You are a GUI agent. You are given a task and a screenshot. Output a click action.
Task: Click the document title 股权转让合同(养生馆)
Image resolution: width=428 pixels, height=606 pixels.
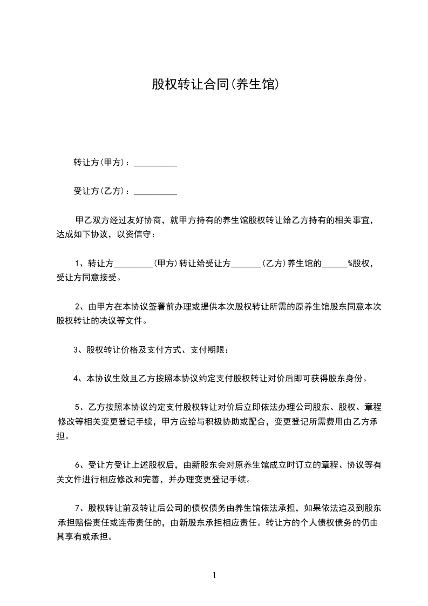tap(215, 85)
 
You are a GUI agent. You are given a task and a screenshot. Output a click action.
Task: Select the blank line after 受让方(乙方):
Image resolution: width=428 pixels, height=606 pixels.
tap(155, 192)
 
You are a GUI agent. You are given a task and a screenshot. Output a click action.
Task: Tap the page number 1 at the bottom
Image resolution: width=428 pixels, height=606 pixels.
tap(214, 575)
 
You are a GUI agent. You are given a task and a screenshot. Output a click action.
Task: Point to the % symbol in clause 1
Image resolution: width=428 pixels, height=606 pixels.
tap(350, 264)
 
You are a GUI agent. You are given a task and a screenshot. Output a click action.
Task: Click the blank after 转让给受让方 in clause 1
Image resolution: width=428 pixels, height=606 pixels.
tap(246, 264)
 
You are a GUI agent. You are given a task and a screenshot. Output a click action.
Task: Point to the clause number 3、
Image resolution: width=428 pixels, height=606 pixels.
tap(79, 350)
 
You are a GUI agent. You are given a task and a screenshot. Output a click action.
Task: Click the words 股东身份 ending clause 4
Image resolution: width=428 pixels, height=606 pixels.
tap(347, 379)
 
